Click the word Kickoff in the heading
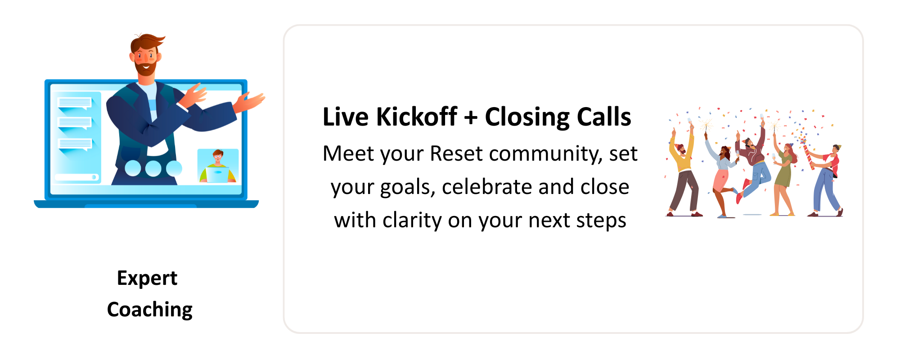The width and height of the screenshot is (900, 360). click(417, 117)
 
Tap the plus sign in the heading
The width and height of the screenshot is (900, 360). click(471, 118)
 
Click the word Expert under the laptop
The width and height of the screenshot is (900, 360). click(147, 279)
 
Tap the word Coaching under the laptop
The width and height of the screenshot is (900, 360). click(150, 310)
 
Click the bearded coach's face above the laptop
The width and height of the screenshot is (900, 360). click(146, 58)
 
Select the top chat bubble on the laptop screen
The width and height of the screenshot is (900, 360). click(75, 103)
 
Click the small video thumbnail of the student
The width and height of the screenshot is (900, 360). click(218, 166)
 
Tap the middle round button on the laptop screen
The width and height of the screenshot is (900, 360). click(153, 168)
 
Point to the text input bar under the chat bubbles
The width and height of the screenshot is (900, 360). click(76, 177)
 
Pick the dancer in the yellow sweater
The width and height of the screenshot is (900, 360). click(683, 173)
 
